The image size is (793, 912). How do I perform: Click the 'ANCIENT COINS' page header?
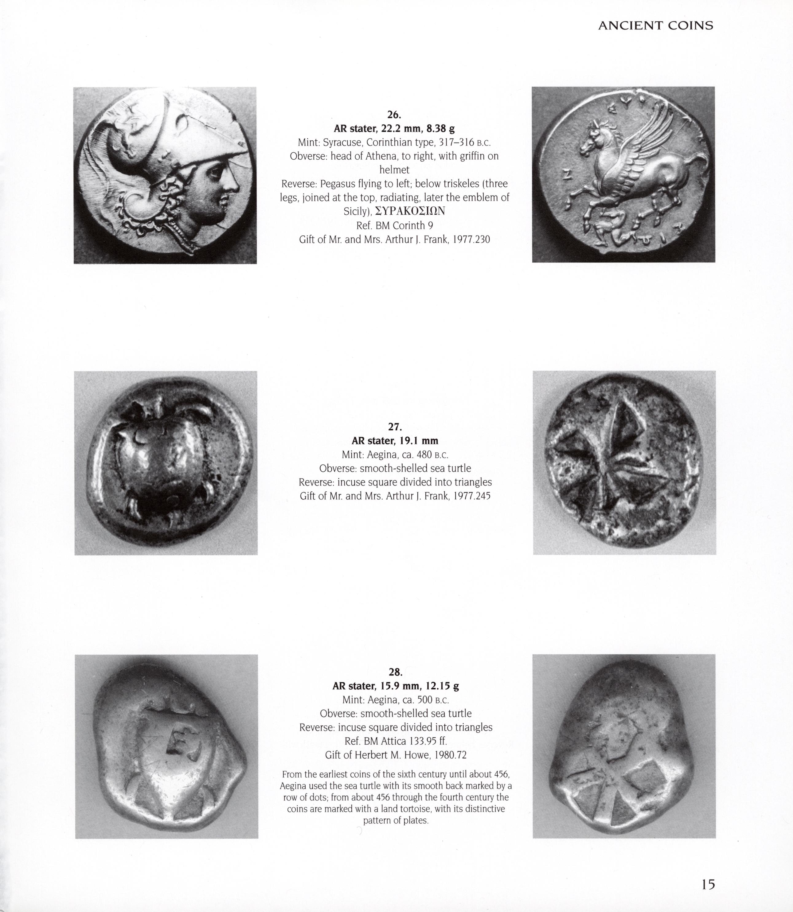coord(655,26)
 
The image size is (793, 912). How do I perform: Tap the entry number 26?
coord(394,115)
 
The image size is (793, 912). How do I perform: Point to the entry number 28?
coord(395,672)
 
